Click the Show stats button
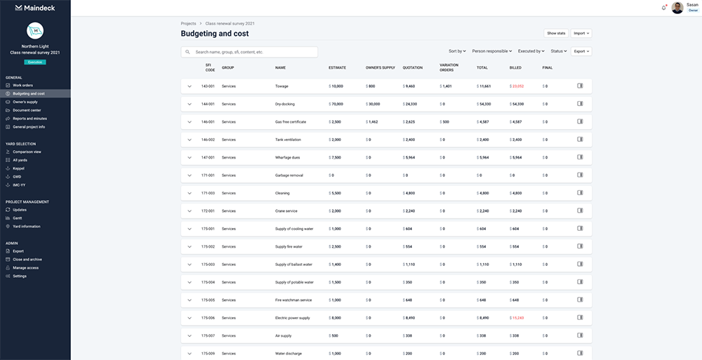pyautogui.click(x=556, y=33)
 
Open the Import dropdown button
pyautogui.click(x=581, y=33)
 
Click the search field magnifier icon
pyautogui.click(x=188, y=52)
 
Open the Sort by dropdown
pyautogui.click(x=456, y=51)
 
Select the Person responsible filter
pyautogui.click(x=491, y=51)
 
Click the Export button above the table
pyautogui.click(x=581, y=51)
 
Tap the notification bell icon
pyautogui.click(x=663, y=8)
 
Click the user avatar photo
pyautogui.click(x=677, y=8)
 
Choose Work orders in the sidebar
pyautogui.click(x=23, y=85)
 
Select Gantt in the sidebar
pyautogui.click(x=18, y=218)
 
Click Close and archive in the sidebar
pyautogui.click(x=27, y=259)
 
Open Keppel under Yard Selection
pyautogui.click(x=19, y=168)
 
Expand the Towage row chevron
pyautogui.click(x=190, y=86)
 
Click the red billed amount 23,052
pyautogui.click(x=518, y=86)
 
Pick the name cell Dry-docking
pyautogui.click(x=284, y=103)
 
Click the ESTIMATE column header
pyautogui.click(x=337, y=67)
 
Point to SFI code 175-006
pyautogui.click(x=208, y=317)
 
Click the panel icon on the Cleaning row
pyautogui.click(x=580, y=192)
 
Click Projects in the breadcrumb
pyautogui.click(x=188, y=23)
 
